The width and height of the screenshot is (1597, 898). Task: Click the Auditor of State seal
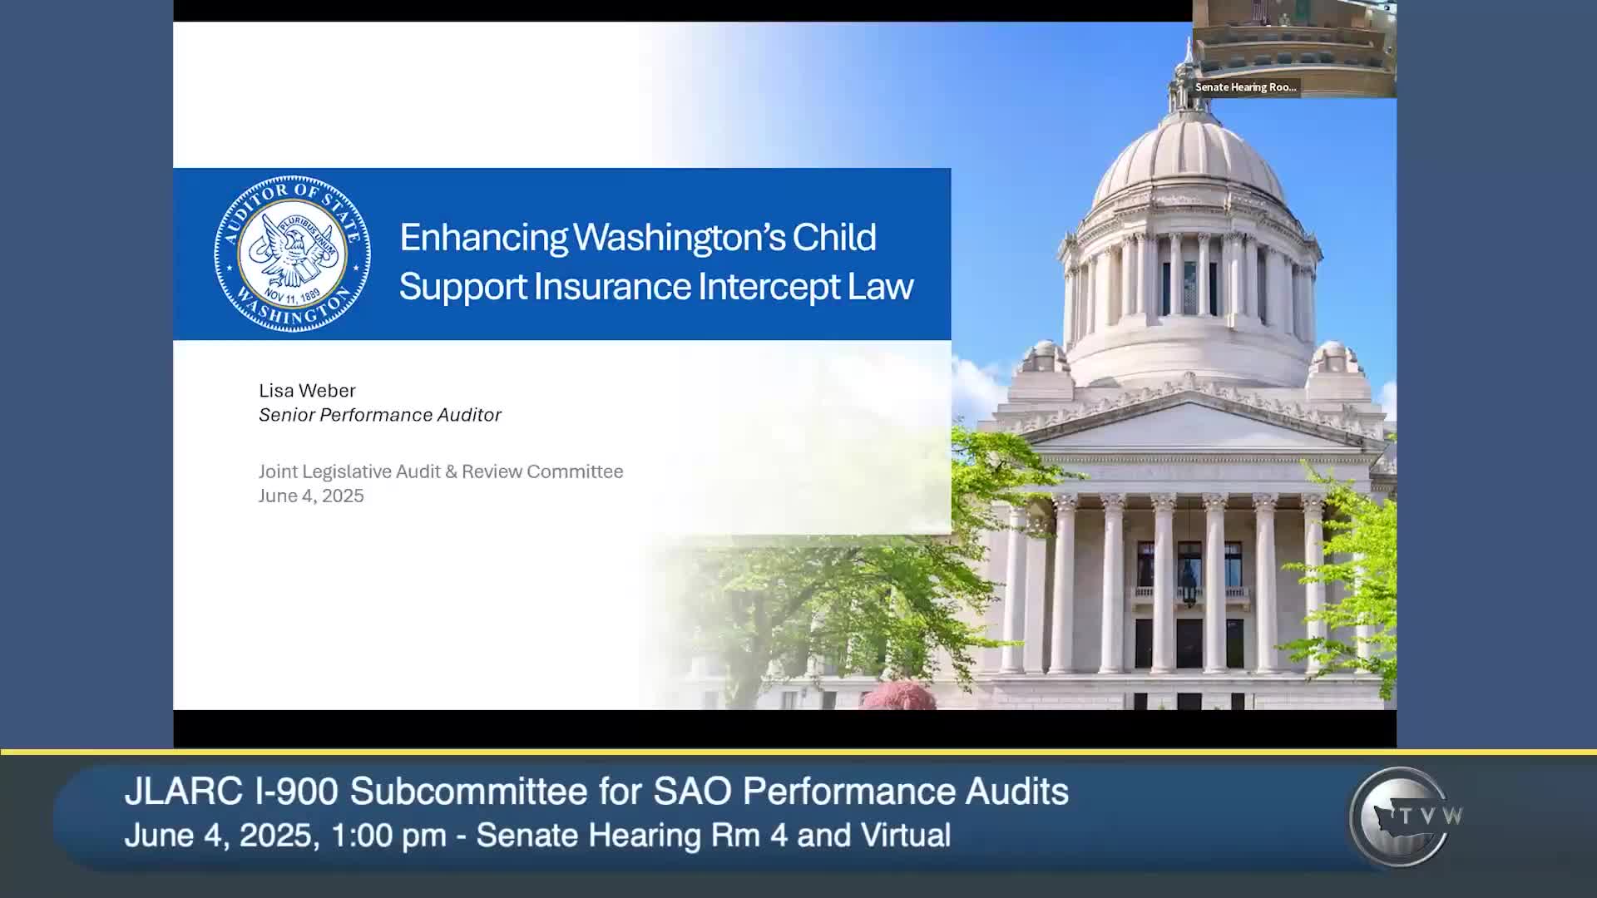click(292, 254)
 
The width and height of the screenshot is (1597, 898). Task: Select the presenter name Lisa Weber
click(307, 390)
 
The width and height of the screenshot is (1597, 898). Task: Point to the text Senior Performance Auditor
click(380, 415)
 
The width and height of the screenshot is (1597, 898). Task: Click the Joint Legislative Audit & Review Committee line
click(441, 471)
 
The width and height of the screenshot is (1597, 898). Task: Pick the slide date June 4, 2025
click(311, 496)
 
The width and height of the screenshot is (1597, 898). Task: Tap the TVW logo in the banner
click(1404, 817)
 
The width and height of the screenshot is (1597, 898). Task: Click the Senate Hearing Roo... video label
click(1245, 87)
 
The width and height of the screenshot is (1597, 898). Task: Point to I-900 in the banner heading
click(297, 792)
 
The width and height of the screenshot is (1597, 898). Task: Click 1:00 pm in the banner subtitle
click(388, 835)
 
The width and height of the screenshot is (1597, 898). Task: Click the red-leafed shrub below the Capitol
click(898, 695)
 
